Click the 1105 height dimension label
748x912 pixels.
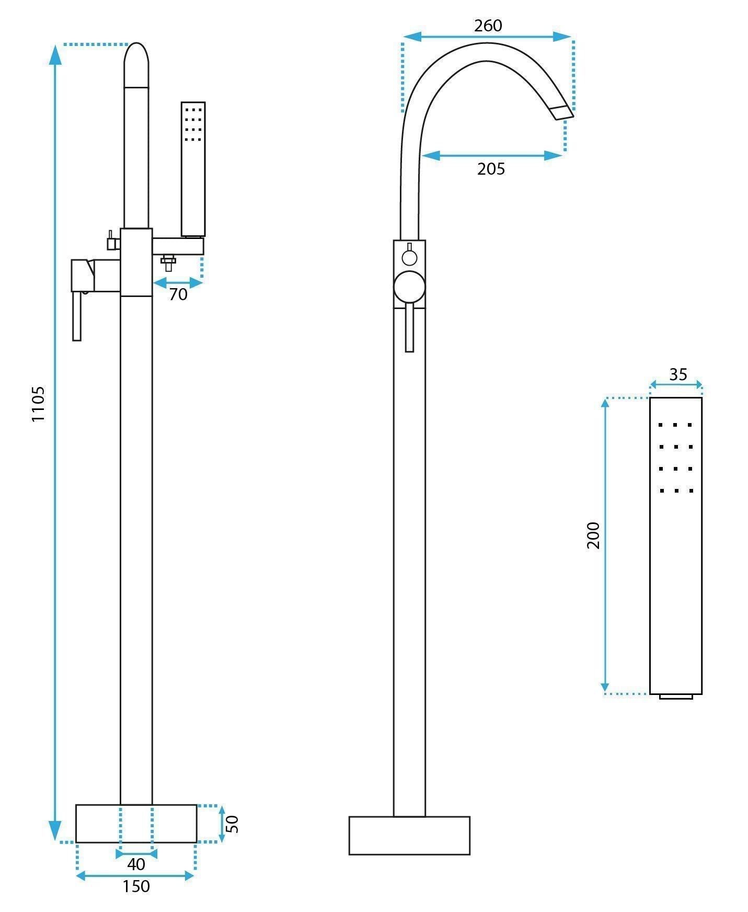(x=38, y=404)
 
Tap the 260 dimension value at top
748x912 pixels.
(x=488, y=26)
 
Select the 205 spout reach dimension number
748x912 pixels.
(x=491, y=169)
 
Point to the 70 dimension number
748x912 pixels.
(x=178, y=294)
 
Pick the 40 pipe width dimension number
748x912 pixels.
(x=136, y=864)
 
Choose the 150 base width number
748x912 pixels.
(x=136, y=887)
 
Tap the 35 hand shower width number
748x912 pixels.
(x=678, y=374)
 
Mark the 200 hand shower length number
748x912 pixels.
(x=593, y=535)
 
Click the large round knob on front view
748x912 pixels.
(x=409, y=287)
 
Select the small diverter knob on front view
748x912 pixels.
(x=409, y=257)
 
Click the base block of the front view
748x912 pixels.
(x=409, y=836)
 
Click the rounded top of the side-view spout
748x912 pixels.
(x=136, y=63)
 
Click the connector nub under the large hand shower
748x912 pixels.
(x=675, y=697)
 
